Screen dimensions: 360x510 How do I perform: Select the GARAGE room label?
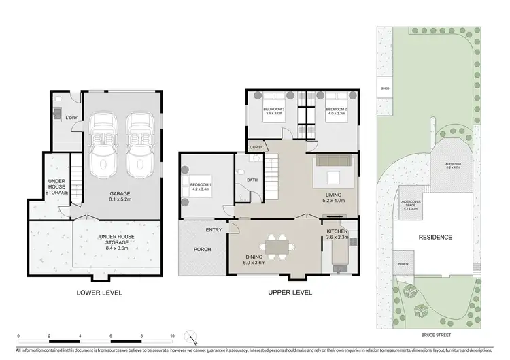coord(120,194)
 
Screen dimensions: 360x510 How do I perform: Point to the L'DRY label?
coord(70,119)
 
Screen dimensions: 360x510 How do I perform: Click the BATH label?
coord(251,180)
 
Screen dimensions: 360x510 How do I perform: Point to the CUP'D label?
coord(256,146)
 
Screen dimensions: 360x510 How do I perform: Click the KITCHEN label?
coord(337,233)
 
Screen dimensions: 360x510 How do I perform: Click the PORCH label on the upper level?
coord(202,249)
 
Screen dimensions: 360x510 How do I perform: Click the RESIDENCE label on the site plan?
coord(435,238)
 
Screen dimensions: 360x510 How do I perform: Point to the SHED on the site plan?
coord(384,88)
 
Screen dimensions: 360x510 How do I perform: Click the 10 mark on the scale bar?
coord(173,336)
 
